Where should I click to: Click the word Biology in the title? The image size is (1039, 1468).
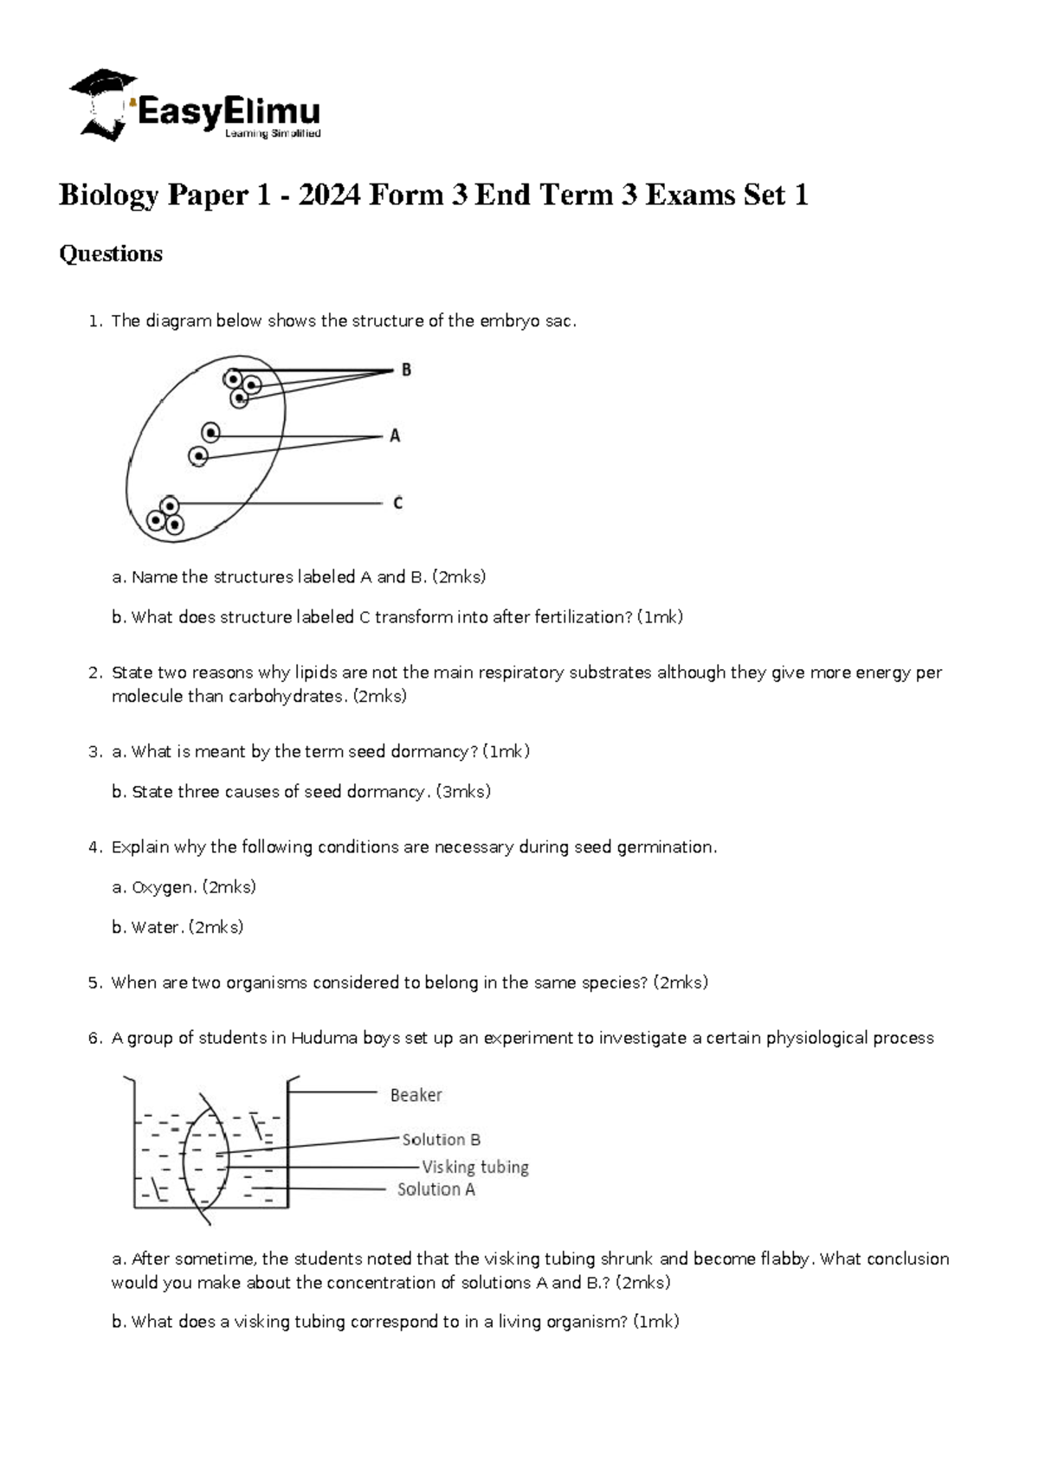pos(108,195)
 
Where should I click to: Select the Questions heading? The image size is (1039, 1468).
pos(110,254)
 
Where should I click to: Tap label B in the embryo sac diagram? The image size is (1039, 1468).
pos(406,370)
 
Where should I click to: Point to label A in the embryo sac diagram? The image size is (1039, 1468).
pos(395,436)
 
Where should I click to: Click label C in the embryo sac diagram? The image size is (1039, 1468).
pos(397,503)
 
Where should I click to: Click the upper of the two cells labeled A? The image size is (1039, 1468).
pos(210,432)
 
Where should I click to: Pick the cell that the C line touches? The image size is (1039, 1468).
pos(170,505)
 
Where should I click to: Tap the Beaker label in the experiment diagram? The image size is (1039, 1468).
pos(416,1095)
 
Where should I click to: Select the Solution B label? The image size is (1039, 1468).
pos(441,1140)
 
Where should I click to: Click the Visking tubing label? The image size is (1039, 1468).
pos(474,1167)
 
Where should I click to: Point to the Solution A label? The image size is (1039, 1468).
pos(436,1189)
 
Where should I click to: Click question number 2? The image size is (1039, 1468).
pos(95,673)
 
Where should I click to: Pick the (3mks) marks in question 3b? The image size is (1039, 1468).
pos(463,791)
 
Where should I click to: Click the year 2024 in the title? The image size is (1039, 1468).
pos(329,195)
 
